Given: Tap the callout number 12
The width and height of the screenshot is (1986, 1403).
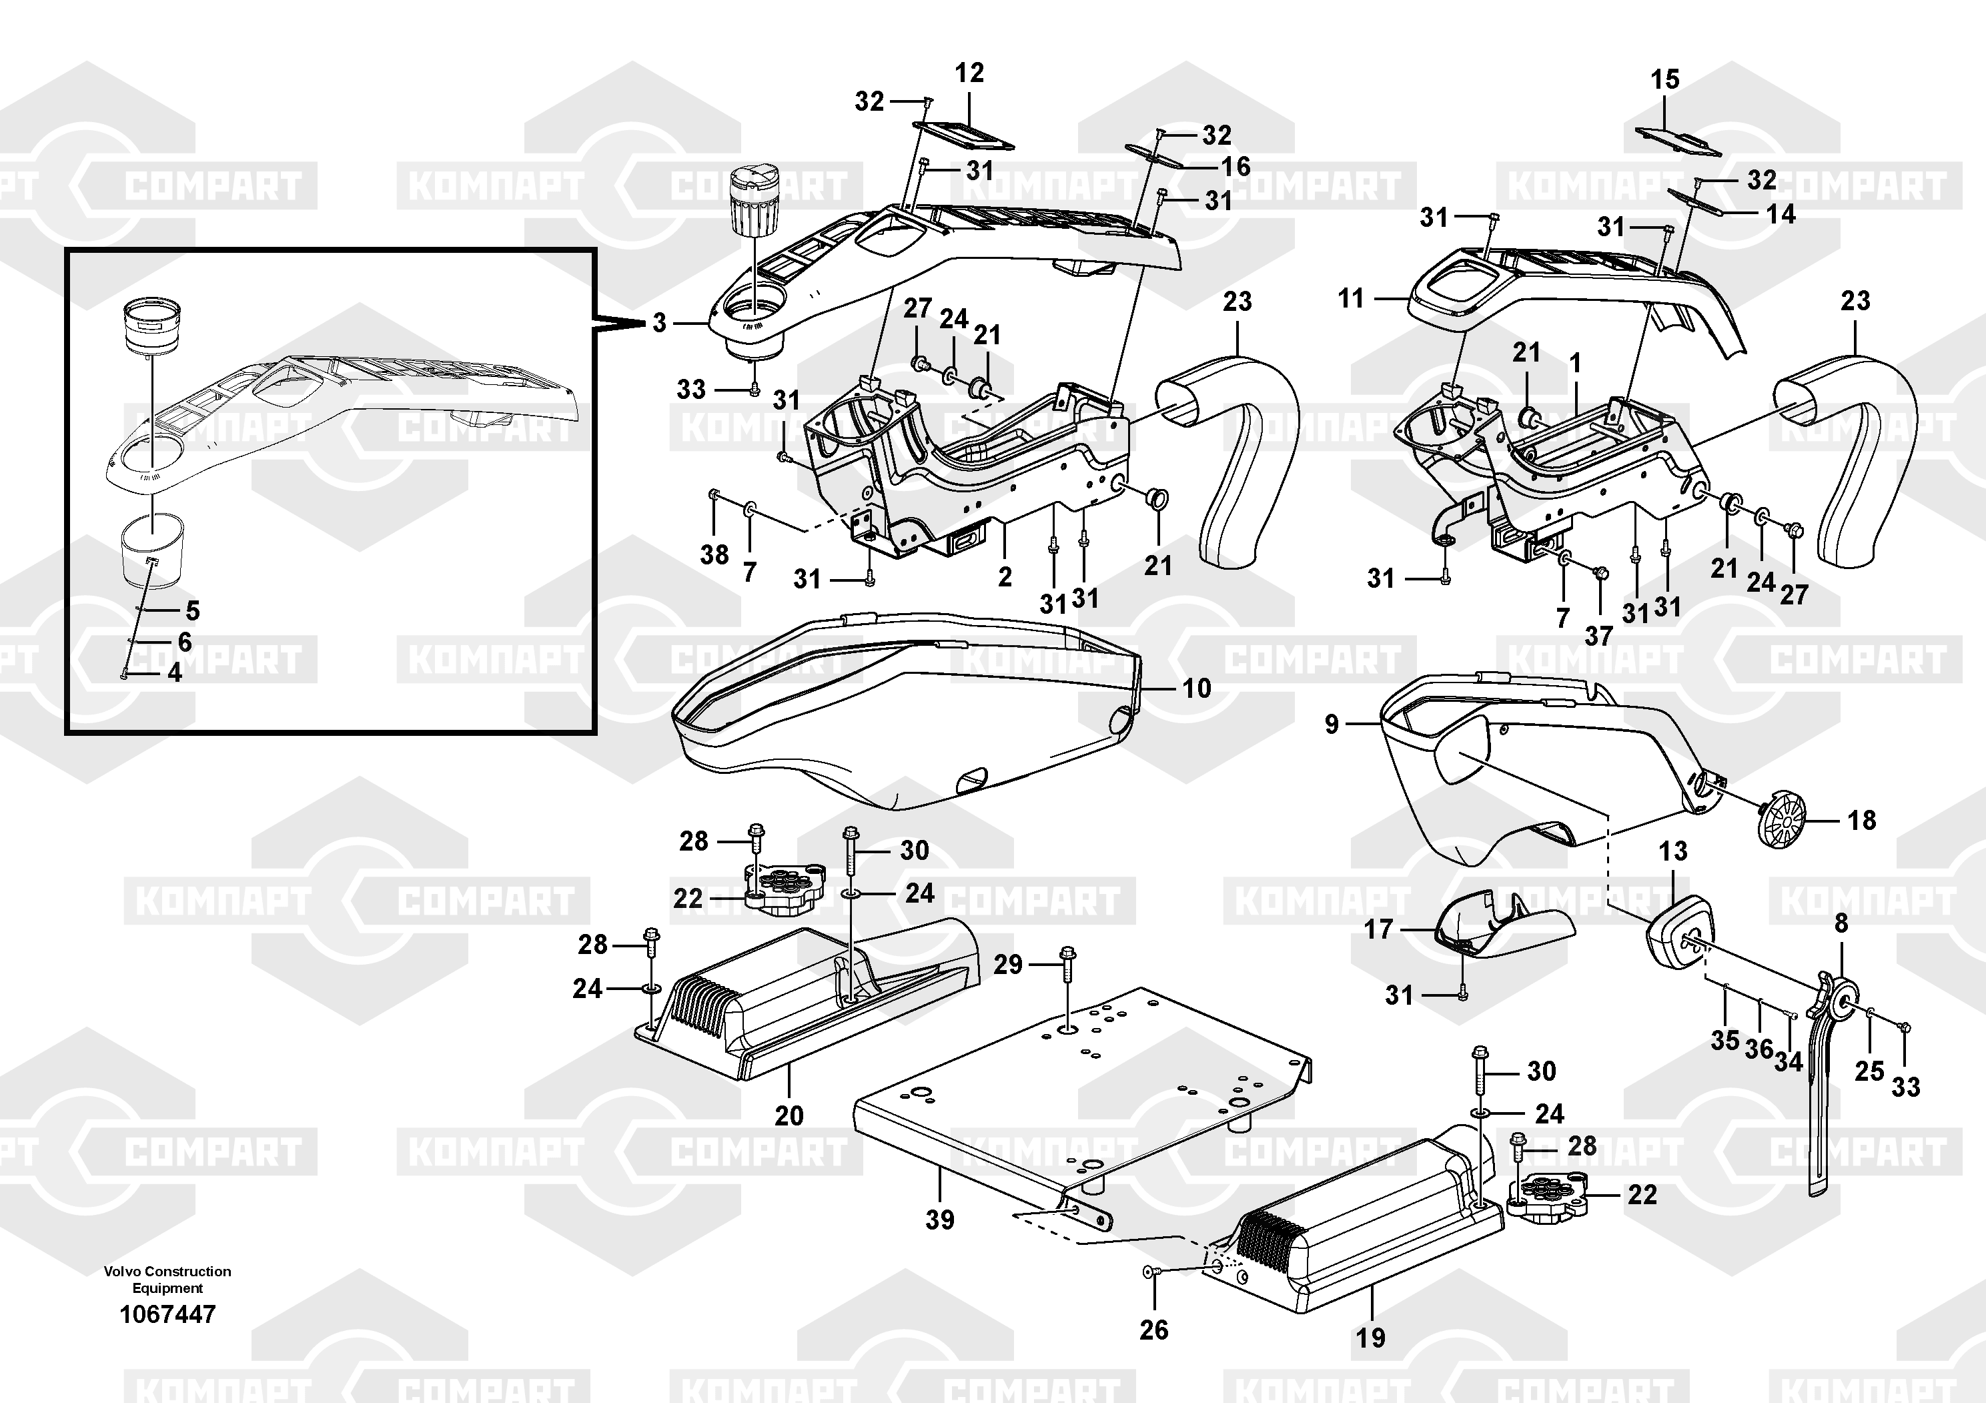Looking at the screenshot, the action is click(x=969, y=73).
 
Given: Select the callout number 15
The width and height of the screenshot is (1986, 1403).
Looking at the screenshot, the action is click(x=1664, y=79).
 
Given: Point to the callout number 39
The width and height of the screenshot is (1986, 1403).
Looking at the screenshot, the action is click(x=939, y=1220).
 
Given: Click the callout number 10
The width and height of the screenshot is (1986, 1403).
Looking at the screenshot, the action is click(x=1196, y=688).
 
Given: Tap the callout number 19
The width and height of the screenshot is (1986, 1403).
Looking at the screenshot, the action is click(x=1370, y=1338).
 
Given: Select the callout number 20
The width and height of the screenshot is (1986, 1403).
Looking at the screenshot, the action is click(x=789, y=1116).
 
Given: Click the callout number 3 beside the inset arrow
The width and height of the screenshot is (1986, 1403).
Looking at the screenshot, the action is click(x=659, y=324).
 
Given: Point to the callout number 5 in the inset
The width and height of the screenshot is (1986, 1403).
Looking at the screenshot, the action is click(x=193, y=610).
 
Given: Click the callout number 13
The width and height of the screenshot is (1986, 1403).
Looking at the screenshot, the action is click(x=1673, y=851).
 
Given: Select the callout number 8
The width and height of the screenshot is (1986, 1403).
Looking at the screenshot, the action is click(x=1841, y=924).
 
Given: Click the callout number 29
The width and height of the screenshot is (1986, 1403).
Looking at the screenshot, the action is click(x=1008, y=965).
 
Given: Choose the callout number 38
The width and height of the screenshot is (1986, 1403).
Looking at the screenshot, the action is click(x=714, y=554).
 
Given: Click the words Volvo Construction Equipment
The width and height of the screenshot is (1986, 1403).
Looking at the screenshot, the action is click(x=168, y=1280).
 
